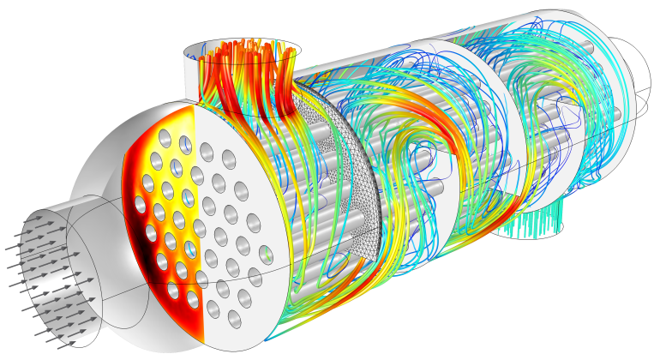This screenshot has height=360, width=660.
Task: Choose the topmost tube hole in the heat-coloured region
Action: (x=165, y=138)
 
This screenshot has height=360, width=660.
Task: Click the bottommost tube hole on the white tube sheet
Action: (x=234, y=319)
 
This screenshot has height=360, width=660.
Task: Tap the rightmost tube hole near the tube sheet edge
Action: (x=266, y=255)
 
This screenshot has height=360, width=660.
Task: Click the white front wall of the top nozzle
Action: (x=192, y=81)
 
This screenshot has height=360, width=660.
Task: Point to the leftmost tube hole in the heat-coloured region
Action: (x=141, y=204)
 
